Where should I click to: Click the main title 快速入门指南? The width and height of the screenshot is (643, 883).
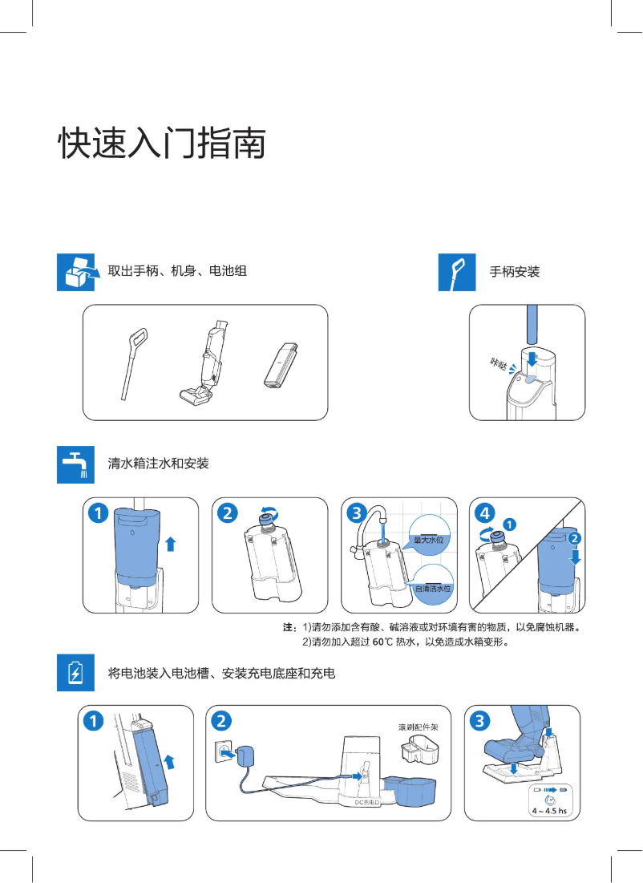(161, 143)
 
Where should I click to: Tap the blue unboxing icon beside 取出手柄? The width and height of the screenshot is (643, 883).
(76, 272)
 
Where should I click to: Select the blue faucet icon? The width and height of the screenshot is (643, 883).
(76, 464)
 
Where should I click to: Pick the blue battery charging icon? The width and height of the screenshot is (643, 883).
(76, 672)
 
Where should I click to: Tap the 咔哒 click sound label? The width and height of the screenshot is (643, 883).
(499, 365)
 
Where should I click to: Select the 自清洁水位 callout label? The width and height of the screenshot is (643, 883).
(434, 588)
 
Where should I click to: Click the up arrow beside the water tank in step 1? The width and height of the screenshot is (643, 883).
(170, 545)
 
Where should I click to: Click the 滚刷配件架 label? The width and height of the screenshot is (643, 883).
(419, 727)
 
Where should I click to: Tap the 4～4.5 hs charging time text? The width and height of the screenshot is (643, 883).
(549, 811)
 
